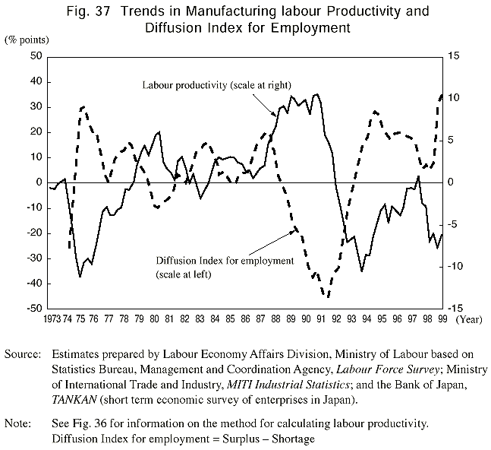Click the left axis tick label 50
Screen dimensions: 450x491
coord(34,57)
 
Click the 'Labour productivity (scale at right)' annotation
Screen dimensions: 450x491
coord(217,84)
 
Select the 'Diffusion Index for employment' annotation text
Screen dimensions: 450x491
coord(224,261)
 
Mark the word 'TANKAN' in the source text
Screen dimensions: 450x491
coord(74,398)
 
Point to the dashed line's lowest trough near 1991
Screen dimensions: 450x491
coord(328,296)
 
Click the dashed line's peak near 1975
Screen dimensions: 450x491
coord(83,107)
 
